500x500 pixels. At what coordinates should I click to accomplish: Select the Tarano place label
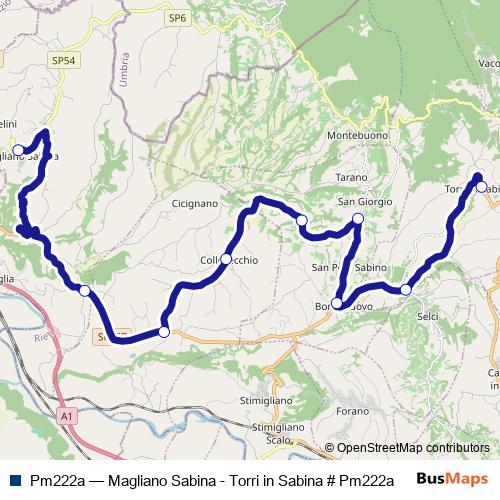(x=352, y=177)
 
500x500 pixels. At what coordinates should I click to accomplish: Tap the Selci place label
(x=427, y=316)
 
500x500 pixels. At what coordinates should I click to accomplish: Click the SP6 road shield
(x=177, y=17)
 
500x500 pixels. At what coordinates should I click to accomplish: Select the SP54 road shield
(x=63, y=61)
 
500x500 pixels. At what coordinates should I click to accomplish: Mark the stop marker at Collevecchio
(x=226, y=259)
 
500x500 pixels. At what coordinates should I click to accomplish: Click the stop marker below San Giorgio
(x=358, y=218)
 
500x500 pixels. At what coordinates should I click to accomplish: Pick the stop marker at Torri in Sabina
(x=481, y=187)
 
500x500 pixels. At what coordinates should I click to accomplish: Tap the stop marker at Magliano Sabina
(x=18, y=150)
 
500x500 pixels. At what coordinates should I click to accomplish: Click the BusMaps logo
(x=452, y=479)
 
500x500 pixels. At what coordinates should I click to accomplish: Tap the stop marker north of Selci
(x=406, y=290)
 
